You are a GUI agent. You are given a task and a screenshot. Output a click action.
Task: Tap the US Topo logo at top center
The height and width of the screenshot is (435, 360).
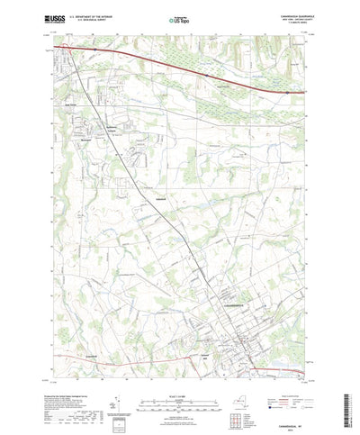pyautogui.click(x=180, y=18)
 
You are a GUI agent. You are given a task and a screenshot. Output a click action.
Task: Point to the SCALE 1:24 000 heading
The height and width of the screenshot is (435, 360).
pyautogui.click(x=180, y=370)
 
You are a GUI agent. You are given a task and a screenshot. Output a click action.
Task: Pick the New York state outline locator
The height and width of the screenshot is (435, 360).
pyautogui.click(x=242, y=377)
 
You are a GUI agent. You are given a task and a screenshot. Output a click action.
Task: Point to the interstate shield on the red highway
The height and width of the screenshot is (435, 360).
pyautogui.click(x=285, y=91)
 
